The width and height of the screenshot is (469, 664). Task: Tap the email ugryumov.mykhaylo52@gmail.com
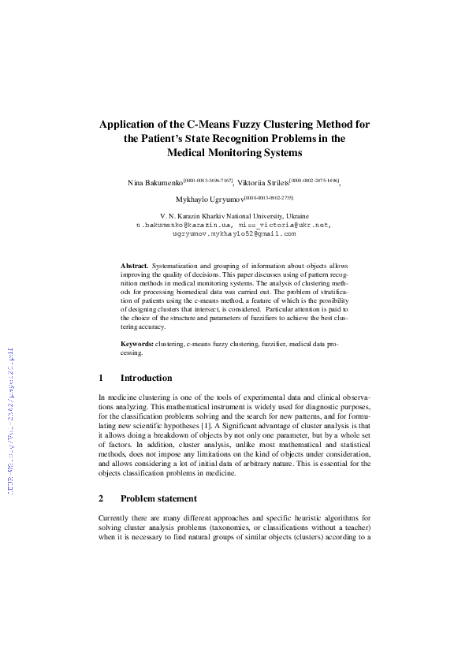click(234, 233)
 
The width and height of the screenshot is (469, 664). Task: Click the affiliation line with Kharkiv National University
click(234, 215)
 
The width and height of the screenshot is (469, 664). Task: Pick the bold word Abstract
click(134, 267)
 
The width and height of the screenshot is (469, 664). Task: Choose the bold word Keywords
click(137, 345)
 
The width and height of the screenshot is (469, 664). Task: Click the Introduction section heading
click(146, 378)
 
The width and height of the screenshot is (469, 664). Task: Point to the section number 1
click(101, 378)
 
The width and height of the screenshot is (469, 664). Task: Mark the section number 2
click(101, 498)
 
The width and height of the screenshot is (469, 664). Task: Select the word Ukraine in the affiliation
click(297, 215)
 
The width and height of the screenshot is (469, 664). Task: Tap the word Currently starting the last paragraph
click(115, 517)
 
